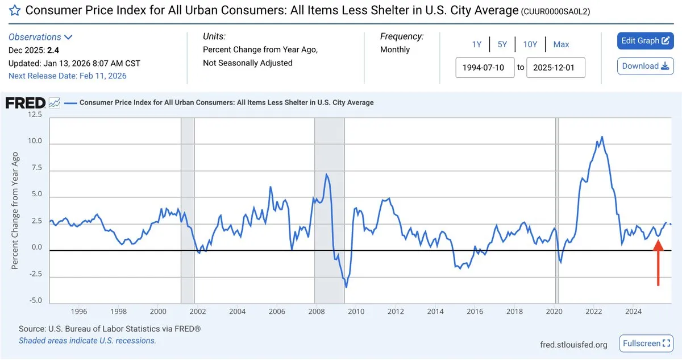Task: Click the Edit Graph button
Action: click(645, 41)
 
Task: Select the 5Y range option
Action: click(502, 44)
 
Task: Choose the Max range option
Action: click(561, 44)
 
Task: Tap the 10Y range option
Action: click(530, 44)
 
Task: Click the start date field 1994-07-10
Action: click(485, 68)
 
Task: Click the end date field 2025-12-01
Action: click(555, 68)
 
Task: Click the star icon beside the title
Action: click(15, 10)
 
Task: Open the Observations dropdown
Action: click(40, 37)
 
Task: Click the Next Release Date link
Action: click(68, 76)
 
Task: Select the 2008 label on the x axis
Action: click(316, 312)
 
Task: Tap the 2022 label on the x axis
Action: click(594, 312)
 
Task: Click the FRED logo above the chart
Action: click(26, 103)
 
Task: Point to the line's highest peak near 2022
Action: click(602, 136)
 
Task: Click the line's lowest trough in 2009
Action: click(346, 287)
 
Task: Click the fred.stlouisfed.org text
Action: click(573, 345)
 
